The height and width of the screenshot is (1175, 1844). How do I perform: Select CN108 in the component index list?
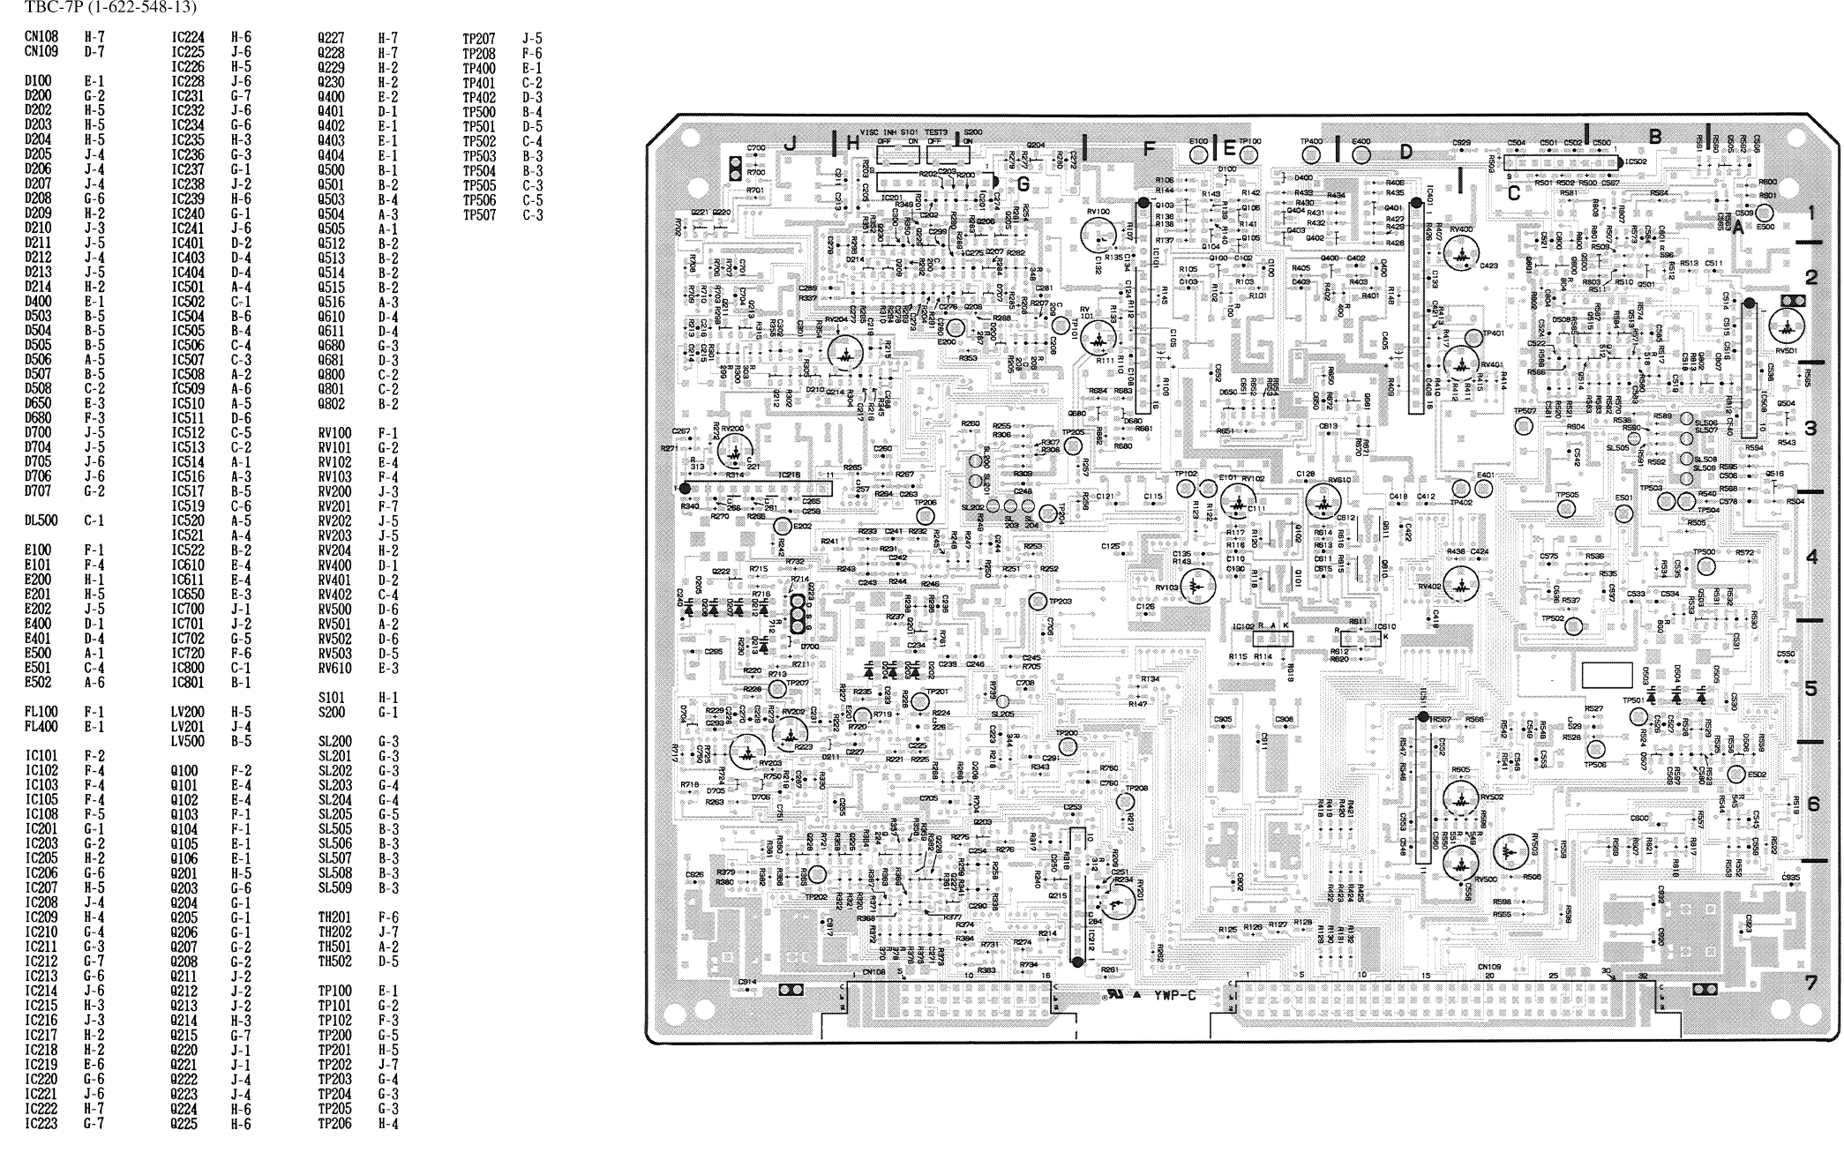click(41, 38)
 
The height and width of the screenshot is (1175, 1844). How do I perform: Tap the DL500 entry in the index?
click(41, 521)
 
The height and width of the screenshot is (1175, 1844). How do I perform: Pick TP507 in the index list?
click(479, 215)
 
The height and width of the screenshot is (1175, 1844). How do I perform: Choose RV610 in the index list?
click(334, 669)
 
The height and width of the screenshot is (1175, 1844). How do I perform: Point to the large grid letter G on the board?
click(1023, 184)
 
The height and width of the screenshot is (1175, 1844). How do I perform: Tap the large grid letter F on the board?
click(1148, 149)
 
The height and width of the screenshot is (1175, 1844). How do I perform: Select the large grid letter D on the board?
click(1405, 152)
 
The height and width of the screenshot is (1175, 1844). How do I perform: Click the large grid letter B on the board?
click(1655, 137)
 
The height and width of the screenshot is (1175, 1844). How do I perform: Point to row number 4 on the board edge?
click(1811, 558)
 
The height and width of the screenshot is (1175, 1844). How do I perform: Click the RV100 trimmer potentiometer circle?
click(1098, 235)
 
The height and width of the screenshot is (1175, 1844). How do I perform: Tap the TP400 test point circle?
click(1312, 154)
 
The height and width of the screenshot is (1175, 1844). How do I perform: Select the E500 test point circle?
click(1765, 213)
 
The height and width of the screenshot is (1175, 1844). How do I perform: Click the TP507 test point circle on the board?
click(1524, 427)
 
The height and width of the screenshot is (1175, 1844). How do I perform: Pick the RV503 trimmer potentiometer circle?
click(1510, 852)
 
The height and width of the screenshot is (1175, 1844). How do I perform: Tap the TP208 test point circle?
click(1125, 802)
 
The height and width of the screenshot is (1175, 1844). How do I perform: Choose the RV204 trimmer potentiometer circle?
click(846, 353)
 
